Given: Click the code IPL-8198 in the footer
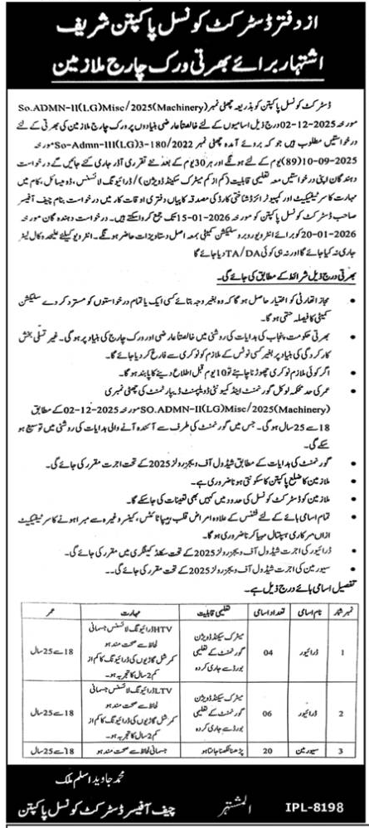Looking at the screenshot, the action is pyautogui.click(x=319, y=806).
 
